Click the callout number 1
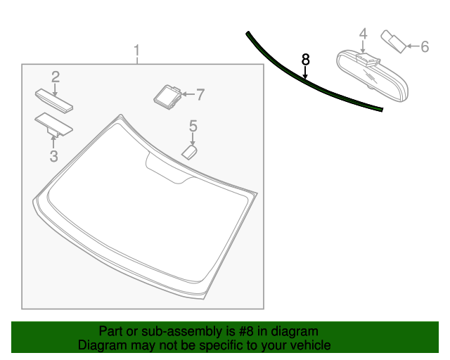[x=137, y=51]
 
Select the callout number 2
[x=55, y=76]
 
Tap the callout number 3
[x=54, y=155]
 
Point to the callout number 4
[x=363, y=33]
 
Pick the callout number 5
[x=193, y=127]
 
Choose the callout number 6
[x=425, y=47]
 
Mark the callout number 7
[x=200, y=94]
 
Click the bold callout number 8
[x=305, y=60]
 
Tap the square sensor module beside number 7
[x=167, y=95]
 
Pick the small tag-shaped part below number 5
[x=189, y=151]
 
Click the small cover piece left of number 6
[x=391, y=40]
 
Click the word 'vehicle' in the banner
[x=311, y=345]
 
